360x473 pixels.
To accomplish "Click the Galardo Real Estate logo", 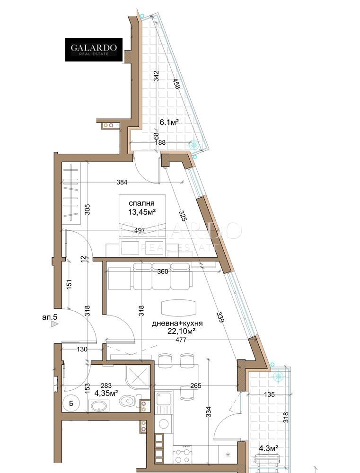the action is (94, 50).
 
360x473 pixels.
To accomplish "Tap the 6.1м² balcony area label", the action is (169, 122).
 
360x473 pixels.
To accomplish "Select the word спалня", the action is (141, 203).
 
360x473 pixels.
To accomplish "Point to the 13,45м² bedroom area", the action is (141, 212).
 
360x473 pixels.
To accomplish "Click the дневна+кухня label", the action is (177, 324).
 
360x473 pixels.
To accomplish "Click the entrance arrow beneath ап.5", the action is (54, 324).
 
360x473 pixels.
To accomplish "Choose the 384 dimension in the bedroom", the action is (122, 182).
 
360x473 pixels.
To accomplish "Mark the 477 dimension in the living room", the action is (181, 340).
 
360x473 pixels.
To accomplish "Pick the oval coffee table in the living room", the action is (179, 308).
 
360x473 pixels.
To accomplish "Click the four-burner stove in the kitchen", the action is (183, 456).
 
